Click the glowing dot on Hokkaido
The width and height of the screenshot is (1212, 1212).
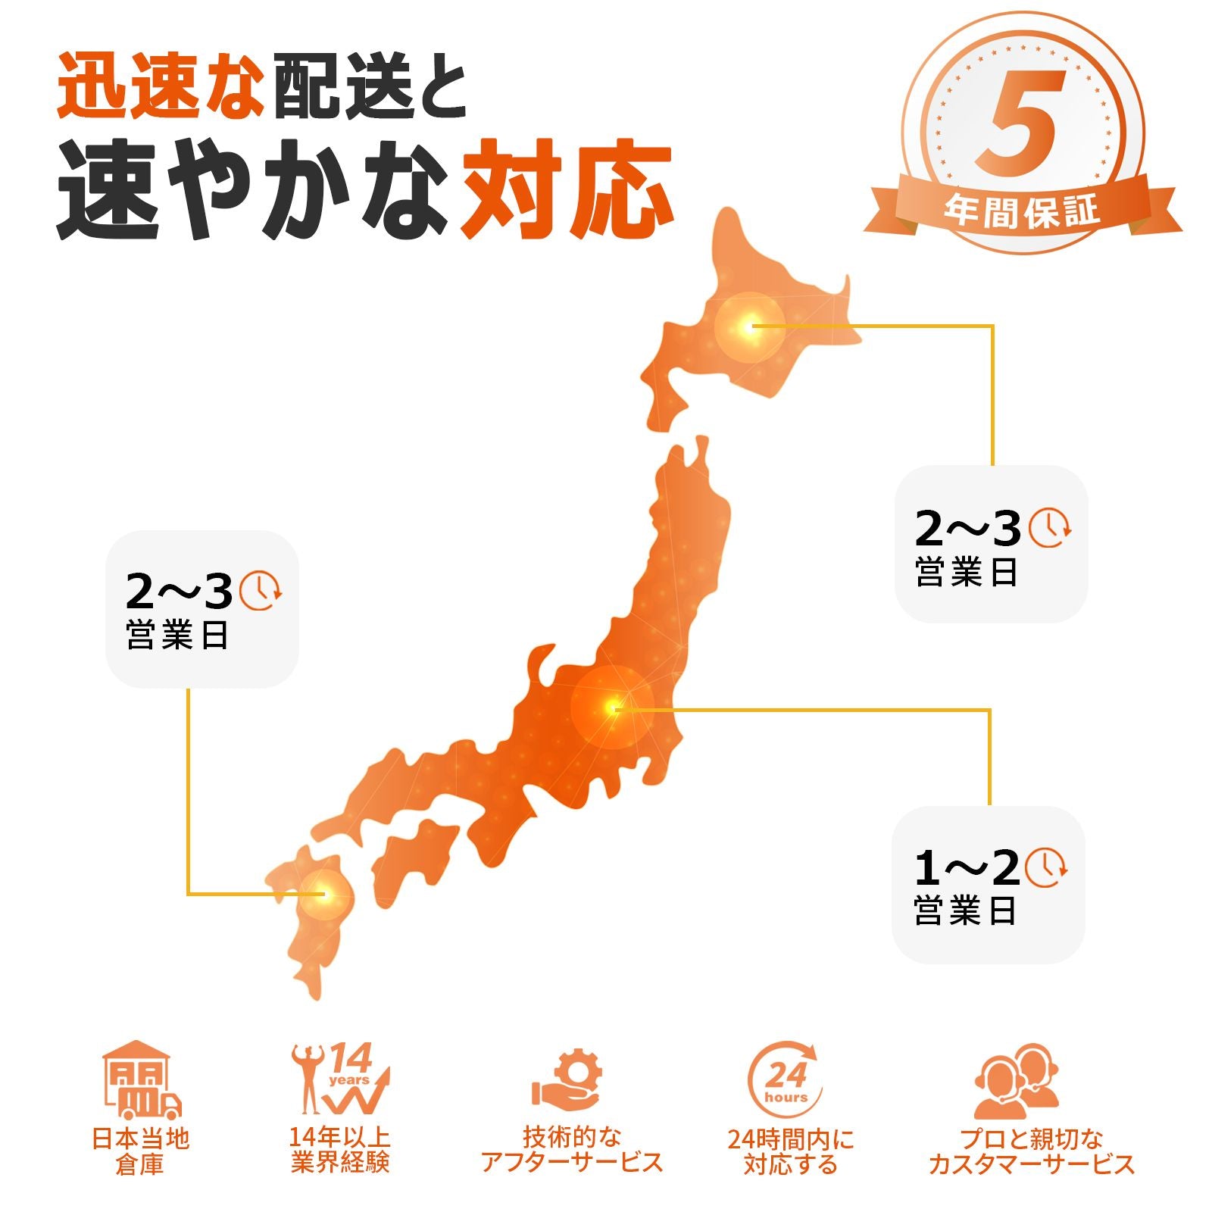tap(749, 327)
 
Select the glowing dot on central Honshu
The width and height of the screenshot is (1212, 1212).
tap(613, 708)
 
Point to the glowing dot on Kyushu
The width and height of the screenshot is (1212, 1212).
tap(323, 894)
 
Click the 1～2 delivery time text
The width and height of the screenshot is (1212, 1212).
tap(967, 868)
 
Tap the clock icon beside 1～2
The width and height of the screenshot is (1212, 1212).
tap(1046, 867)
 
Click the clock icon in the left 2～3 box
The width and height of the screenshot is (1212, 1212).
tap(260, 590)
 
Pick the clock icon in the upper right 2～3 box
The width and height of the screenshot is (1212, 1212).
tap(1049, 527)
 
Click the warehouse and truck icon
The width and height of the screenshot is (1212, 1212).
tap(141, 1080)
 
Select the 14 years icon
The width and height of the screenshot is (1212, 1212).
tap(341, 1079)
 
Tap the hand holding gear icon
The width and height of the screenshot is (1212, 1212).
tap(568, 1080)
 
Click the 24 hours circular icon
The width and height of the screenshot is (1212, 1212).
tap(785, 1080)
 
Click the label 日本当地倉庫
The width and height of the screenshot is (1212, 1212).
tap(140, 1151)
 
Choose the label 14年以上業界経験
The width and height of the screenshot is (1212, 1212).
tap(340, 1149)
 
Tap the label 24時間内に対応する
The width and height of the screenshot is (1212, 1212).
tap(790, 1151)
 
